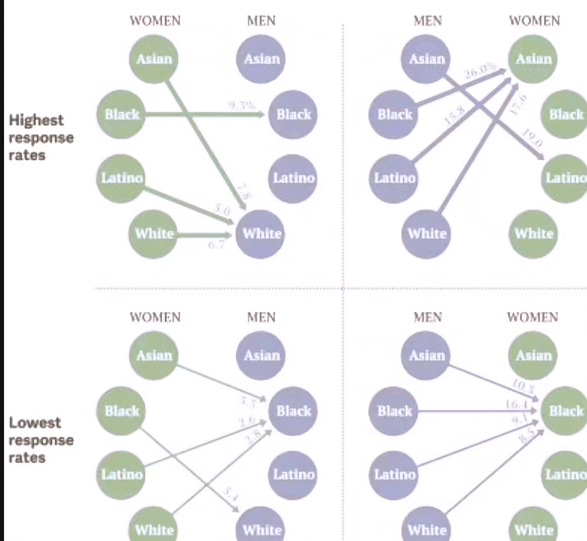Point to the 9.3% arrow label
(x=242, y=105)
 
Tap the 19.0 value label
(x=531, y=137)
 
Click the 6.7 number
(x=217, y=244)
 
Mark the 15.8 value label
(x=454, y=115)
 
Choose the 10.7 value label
(x=523, y=385)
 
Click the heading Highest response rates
(x=41, y=137)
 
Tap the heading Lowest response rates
(x=41, y=440)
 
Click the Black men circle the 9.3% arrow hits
(x=293, y=115)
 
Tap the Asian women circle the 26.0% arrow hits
(x=533, y=59)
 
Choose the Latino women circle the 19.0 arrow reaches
(x=565, y=178)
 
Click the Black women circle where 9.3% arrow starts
(x=121, y=115)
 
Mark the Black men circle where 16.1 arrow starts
(x=394, y=411)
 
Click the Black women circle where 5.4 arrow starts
(x=121, y=411)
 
